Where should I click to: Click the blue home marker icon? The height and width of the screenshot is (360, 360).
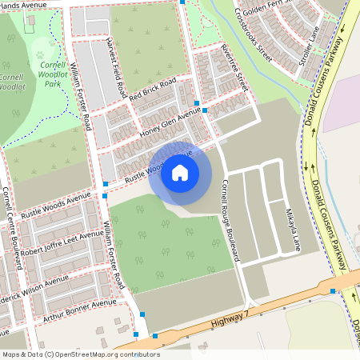click(x=180, y=173)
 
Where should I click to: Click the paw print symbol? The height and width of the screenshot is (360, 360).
click(x=41, y=54)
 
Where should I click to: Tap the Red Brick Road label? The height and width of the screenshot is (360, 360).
click(x=153, y=92)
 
